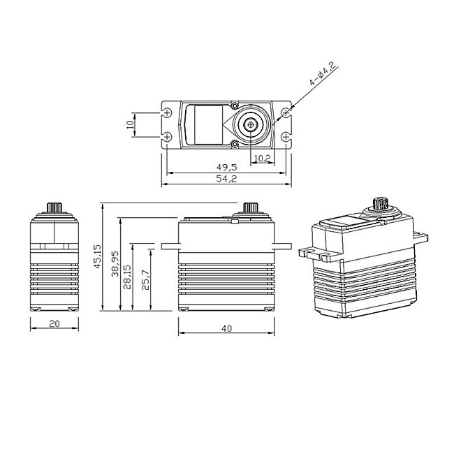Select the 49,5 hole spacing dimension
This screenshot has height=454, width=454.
pos(224,168)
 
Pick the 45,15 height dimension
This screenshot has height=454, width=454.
pos(98,257)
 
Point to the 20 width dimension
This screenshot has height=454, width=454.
pos(54,324)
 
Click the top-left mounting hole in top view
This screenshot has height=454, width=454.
pos(168,112)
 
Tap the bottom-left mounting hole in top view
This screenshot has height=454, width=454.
pos(168,136)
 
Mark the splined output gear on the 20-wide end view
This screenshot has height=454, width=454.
pos(54,207)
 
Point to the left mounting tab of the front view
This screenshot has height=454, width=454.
pos(169,246)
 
